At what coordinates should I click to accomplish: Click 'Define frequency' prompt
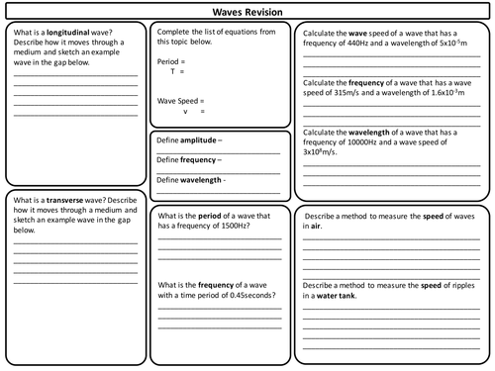(190, 160)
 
